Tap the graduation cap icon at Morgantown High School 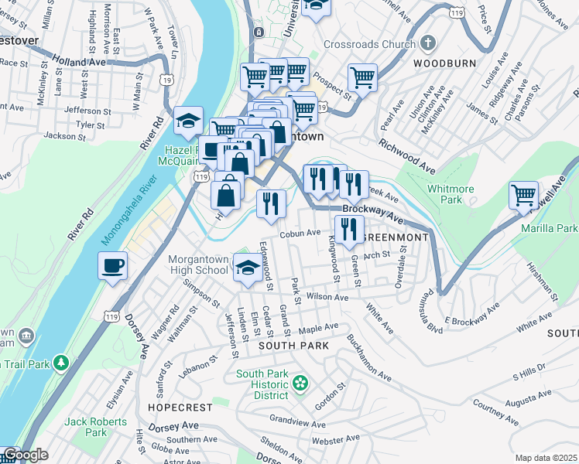coord(247,268)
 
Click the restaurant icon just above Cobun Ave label coord(271,203)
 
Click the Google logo coord(25,455)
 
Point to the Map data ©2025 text coord(546,458)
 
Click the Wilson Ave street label coord(328,296)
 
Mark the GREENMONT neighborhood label coord(395,237)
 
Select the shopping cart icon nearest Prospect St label coord(361,77)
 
